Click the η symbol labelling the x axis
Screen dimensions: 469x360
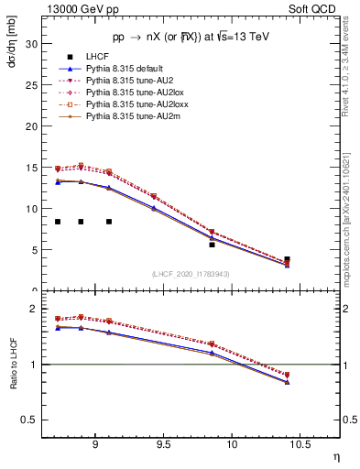(335, 455)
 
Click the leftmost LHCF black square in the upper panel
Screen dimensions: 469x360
(58, 222)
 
